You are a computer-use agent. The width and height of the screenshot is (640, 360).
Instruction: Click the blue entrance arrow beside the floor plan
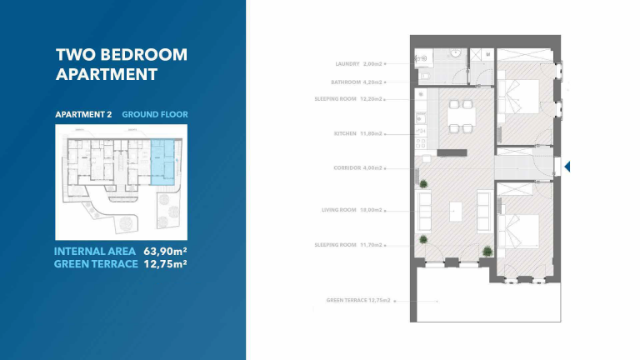point(567,167)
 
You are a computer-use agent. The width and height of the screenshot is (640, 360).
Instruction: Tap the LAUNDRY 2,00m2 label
point(358,63)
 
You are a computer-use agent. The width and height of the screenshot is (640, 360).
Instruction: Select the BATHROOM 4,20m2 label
point(356,82)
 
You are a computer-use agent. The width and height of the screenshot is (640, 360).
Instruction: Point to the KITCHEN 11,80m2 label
point(357,133)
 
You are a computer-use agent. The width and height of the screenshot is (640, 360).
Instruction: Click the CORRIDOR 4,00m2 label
point(357,167)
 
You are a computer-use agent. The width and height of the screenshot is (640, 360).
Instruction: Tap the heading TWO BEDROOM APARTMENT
point(121,64)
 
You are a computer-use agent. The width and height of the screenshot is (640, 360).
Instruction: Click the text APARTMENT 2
point(83,114)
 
